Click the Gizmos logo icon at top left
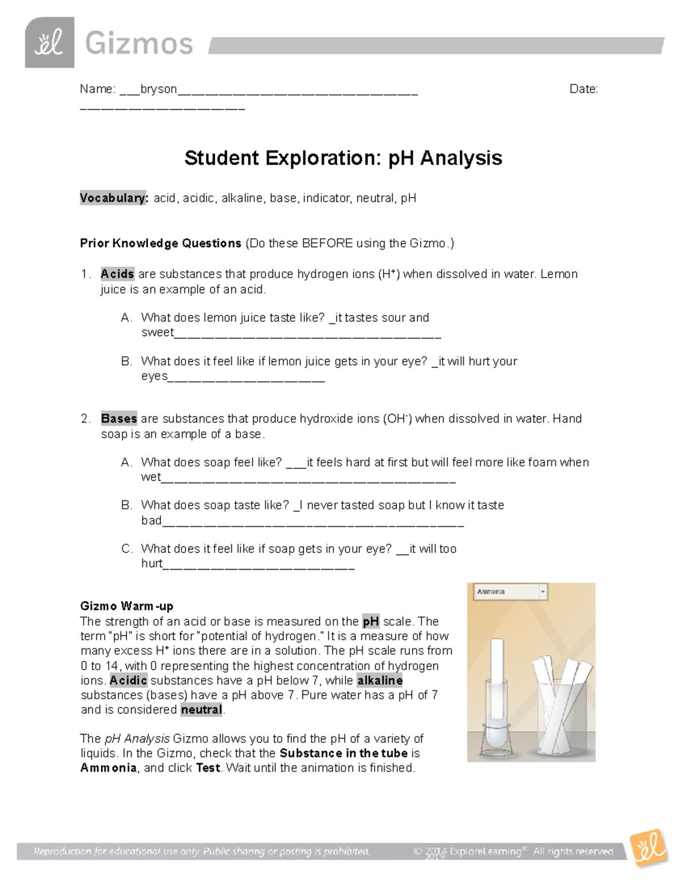click(x=49, y=42)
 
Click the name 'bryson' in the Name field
click(x=159, y=89)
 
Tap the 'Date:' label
click(x=583, y=89)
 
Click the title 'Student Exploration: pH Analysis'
click(x=343, y=158)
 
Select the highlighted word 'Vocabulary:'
click(x=113, y=198)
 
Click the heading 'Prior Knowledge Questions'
click(x=160, y=243)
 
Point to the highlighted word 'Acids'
click(x=117, y=274)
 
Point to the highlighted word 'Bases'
click(x=119, y=419)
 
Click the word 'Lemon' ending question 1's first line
click(x=559, y=274)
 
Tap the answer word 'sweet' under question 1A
click(x=157, y=333)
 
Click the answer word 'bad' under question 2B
click(x=151, y=520)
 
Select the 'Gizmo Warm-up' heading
click(x=127, y=606)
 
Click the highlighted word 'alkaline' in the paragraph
click(x=380, y=681)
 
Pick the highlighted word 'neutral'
click(x=201, y=710)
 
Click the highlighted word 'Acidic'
click(x=128, y=681)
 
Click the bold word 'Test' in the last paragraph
click(x=208, y=768)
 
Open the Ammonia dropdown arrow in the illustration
click(x=543, y=592)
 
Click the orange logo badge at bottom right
click(x=648, y=848)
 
